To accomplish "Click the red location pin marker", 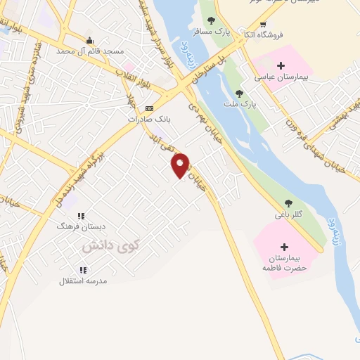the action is [x=181, y=165].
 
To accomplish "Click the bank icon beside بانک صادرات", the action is [x=148, y=108].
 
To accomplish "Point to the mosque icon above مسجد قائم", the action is [x=89, y=40].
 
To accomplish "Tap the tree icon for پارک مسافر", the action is [x=210, y=20].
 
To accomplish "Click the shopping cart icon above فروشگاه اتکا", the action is [x=263, y=24].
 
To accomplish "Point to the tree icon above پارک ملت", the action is [x=240, y=93].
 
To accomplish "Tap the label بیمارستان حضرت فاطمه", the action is [x=285, y=264].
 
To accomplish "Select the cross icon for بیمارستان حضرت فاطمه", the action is [x=284, y=247].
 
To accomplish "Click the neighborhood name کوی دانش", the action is [x=111, y=246].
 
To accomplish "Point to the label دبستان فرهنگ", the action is [x=81, y=227].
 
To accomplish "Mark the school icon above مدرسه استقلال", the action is [x=83, y=270].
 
